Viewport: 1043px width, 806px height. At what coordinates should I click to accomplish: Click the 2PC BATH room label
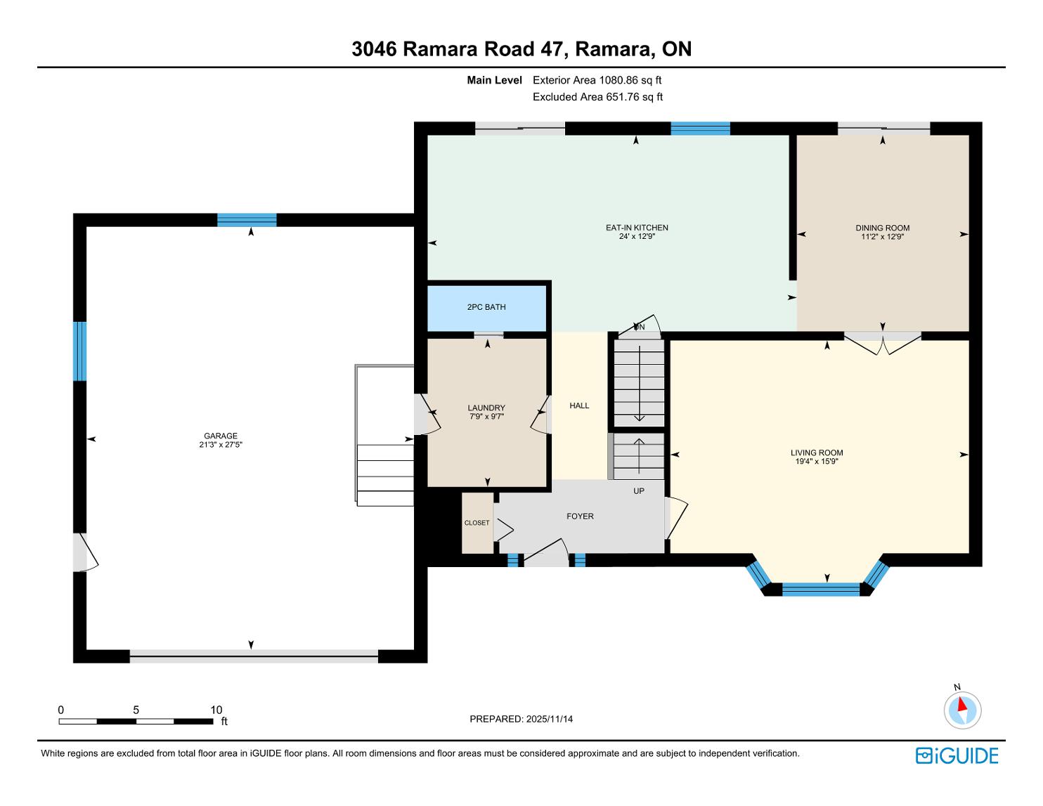pos(486,307)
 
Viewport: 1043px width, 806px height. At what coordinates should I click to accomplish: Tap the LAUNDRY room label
pos(486,408)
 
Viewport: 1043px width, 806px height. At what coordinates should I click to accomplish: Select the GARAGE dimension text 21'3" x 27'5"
pos(221,445)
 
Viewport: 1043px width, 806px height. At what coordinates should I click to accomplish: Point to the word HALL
pos(579,405)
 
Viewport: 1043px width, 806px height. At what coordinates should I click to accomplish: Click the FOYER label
pos(580,516)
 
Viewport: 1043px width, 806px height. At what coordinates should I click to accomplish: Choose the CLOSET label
pos(477,523)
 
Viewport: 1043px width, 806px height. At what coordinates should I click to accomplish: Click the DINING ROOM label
pos(882,228)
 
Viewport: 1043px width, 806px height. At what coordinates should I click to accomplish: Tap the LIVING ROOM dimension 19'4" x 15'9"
pos(817,462)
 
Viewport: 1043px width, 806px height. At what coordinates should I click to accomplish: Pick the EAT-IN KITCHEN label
pos(637,228)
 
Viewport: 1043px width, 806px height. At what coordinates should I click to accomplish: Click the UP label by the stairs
pos(638,490)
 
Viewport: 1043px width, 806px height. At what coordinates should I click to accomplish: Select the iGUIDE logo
pos(957,755)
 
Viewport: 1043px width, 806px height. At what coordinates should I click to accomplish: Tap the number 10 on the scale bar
pos(216,710)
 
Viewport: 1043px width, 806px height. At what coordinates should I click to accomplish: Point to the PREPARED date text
pos(521,719)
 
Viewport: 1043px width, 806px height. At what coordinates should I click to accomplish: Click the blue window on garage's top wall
pos(247,220)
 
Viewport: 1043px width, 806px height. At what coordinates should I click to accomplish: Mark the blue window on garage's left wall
pos(79,351)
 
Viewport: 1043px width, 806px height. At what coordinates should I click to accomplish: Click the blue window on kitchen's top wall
pos(700,129)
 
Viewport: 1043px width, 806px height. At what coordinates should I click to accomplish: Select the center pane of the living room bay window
pos(821,589)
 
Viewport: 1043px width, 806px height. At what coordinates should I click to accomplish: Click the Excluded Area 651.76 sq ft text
pos(597,97)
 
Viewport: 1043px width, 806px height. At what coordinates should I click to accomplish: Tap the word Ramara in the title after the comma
pos(613,49)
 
